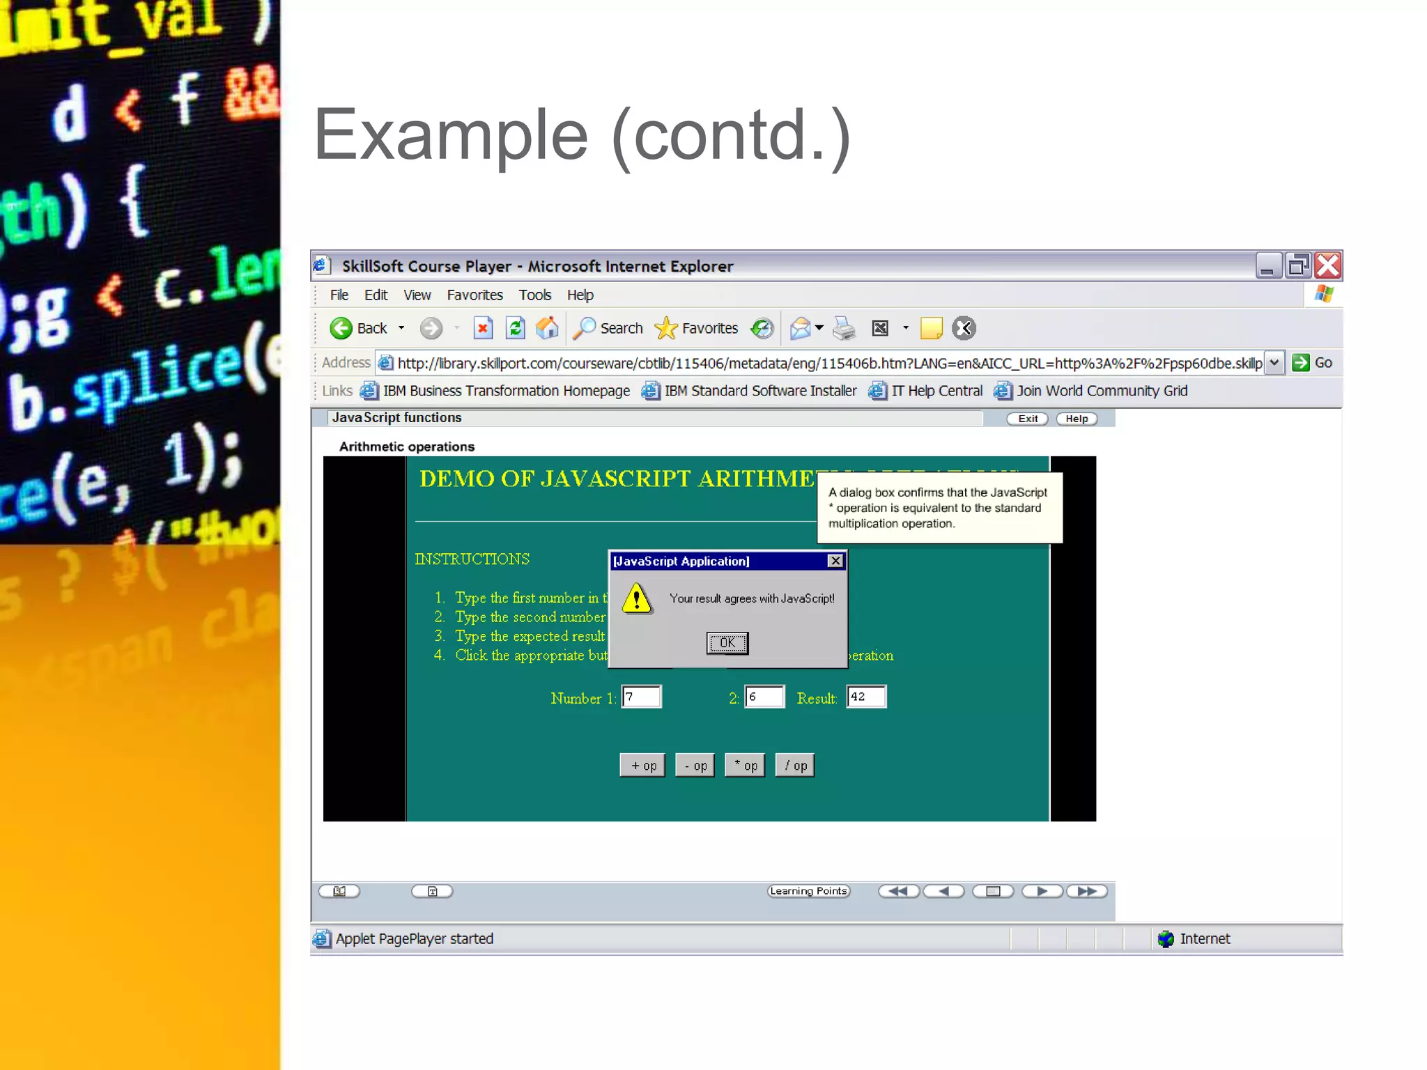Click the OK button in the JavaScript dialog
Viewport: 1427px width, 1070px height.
pyautogui.click(x=727, y=642)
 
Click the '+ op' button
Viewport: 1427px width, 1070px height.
pyautogui.click(x=642, y=766)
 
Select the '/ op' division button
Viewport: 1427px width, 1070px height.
pyautogui.click(x=795, y=766)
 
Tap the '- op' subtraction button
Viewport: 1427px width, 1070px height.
pyautogui.click(x=695, y=766)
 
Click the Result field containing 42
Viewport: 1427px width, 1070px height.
pyautogui.click(x=866, y=697)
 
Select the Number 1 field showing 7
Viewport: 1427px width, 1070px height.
pyautogui.click(x=641, y=697)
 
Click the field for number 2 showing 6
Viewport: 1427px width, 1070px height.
pyautogui.click(x=764, y=697)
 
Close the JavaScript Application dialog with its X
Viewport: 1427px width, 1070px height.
pyautogui.click(x=835, y=561)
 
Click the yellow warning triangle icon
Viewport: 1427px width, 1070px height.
pyautogui.click(x=637, y=599)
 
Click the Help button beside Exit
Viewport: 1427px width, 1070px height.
pyautogui.click(x=1077, y=419)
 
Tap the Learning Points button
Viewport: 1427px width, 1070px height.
pyautogui.click(x=808, y=891)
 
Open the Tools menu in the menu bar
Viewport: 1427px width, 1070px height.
pyautogui.click(x=534, y=295)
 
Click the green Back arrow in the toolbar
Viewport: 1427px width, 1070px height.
pyautogui.click(x=341, y=328)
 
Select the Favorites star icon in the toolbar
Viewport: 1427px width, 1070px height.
pyautogui.click(x=666, y=328)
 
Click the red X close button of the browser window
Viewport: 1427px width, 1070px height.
pyautogui.click(x=1327, y=265)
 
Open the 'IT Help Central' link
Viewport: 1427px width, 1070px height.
pyautogui.click(x=936, y=391)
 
